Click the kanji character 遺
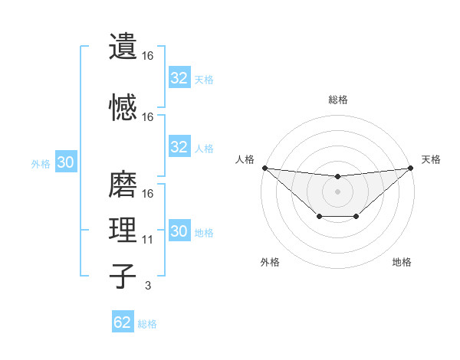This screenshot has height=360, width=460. (123, 46)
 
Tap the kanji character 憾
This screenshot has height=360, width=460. (123, 107)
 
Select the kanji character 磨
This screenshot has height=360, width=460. (123, 184)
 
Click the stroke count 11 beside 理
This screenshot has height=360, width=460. (148, 240)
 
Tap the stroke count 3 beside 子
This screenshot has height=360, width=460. (148, 286)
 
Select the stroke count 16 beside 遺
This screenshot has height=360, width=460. (148, 56)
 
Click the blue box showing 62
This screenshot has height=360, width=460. (123, 322)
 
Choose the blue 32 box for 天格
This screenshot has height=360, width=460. (179, 78)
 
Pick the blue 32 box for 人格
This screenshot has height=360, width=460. (179, 147)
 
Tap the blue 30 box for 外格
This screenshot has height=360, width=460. (65, 162)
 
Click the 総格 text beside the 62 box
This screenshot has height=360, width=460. (148, 324)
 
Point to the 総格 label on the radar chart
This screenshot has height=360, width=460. (338, 100)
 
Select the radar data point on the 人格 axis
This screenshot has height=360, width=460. (264, 168)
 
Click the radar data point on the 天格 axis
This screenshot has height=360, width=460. (411, 168)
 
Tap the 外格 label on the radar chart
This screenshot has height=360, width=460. (270, 262)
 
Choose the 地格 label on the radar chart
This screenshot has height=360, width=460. (402, 262)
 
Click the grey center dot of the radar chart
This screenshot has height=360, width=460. (337, 191)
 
